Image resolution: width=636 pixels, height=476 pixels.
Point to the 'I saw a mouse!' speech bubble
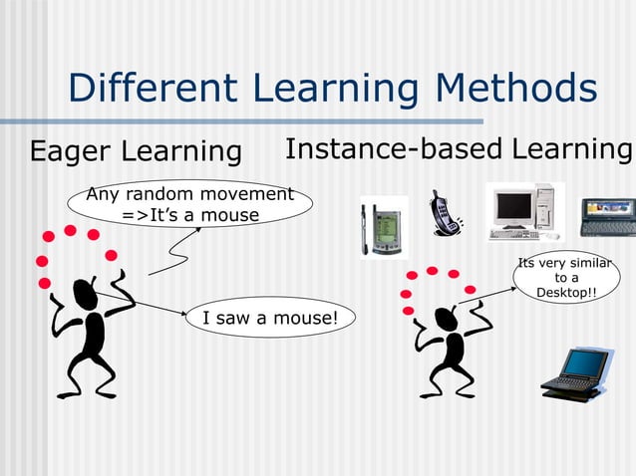[x=269, y=318]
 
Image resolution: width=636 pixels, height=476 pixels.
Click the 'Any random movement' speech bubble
[x=189, y=204]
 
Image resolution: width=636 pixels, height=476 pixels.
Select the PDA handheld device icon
[x=383, y=228]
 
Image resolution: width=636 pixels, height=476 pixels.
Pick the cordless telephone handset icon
[x=445, y=213]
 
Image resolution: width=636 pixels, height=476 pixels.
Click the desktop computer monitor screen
[x=512, y=207]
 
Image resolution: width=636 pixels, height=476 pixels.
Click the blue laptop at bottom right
[x=575, y=373]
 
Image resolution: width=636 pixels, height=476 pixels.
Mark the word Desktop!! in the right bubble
[x=566, y=293]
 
